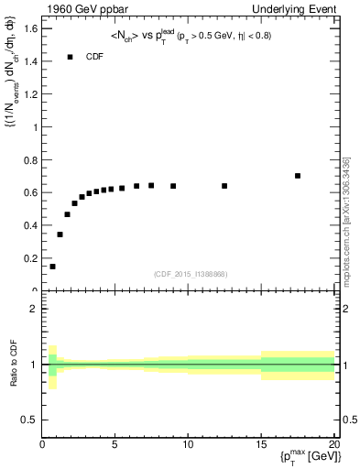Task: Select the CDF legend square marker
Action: [70, 57]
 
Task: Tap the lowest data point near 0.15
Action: [52, 267]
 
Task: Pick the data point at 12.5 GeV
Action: [224, 186]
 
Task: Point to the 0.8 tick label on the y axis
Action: [30, 160]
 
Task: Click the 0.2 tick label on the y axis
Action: [30, 259]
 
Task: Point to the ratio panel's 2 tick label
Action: [33, 309]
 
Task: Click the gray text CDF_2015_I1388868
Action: [191, 274]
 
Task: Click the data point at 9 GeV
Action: [173, 186]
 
